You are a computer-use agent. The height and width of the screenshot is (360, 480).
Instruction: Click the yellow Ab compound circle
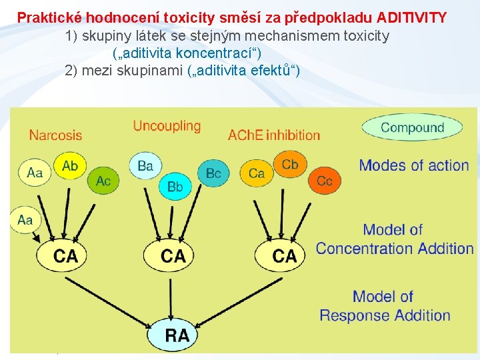point(70,166)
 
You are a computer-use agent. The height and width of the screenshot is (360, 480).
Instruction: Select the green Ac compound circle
point(103,180)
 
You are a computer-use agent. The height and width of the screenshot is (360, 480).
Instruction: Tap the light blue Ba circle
point(145,165)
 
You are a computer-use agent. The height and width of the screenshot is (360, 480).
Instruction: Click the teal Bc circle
point(213,173)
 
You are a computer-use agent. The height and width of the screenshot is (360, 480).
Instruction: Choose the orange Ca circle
point(256,173)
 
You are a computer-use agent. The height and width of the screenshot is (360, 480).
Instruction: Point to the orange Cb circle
point(290,164)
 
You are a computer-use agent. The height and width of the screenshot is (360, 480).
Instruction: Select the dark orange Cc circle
point(324,180)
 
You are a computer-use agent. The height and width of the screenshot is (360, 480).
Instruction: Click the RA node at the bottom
point(177,335)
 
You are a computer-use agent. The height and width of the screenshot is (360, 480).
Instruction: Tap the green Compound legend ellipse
point(412,128)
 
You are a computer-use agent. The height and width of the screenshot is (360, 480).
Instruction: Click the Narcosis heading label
point(55,135)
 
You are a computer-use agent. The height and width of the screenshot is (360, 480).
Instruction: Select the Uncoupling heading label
point(167,126)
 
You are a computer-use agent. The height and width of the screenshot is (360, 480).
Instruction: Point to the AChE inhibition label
point(274,135)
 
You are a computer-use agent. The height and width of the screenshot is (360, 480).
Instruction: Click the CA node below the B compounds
point(173,255)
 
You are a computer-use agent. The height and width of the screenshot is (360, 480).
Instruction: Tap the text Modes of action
point(413,165)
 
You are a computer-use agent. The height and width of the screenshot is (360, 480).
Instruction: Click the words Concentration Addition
point(395,249)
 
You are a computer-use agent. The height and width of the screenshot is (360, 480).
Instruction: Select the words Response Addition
point(385,315)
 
